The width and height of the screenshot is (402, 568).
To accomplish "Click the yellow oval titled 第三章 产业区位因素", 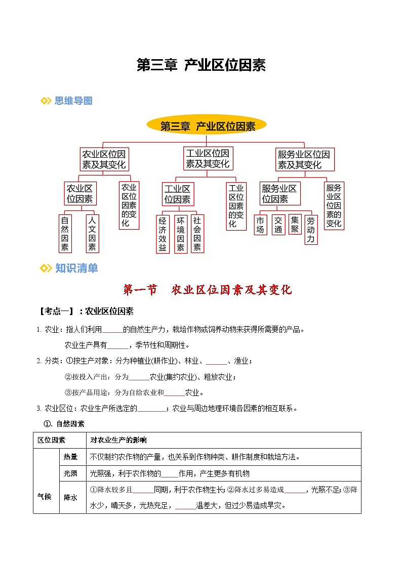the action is [207, 126].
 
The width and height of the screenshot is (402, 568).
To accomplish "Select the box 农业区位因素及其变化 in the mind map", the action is [105, 159].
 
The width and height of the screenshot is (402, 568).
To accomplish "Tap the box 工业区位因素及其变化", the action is [208, 158].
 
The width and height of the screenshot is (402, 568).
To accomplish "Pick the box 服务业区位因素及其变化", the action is [304, 159].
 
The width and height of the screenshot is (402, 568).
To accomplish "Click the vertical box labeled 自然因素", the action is [65, 234].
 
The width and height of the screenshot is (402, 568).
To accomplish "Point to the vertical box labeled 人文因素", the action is [92, 234].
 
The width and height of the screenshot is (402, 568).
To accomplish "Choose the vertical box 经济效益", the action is [163, 234].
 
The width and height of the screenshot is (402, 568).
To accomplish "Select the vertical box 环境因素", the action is [180, 234].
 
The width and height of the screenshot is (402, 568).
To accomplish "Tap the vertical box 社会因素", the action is [197, 234].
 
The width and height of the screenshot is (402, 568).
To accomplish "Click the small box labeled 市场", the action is [260, 225].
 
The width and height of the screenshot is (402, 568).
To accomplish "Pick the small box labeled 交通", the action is [278, 225].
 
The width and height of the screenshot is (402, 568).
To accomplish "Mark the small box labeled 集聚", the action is [294, 225].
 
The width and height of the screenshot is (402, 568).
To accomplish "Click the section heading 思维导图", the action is [73, 101].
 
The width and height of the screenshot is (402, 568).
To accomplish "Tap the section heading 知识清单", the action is [76, 269].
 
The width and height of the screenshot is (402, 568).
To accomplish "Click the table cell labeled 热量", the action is [70, 457].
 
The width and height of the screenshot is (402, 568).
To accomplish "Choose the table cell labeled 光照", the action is [70, 474].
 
